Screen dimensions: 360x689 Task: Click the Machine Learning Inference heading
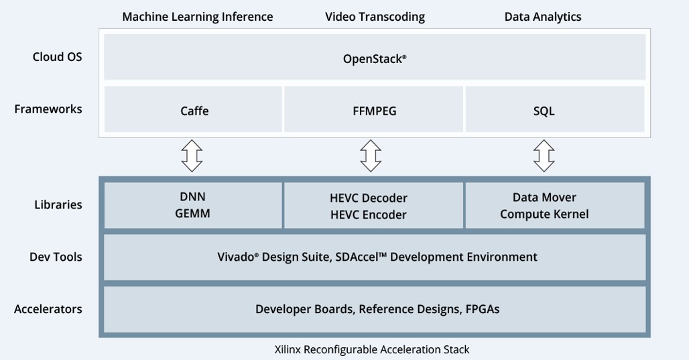pos(197,17)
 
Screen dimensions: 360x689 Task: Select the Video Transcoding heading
pos(375,17)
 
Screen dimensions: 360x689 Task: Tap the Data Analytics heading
pos(542,17)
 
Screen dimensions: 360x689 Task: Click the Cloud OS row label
pos(57,57)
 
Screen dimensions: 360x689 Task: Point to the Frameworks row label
pos(48,109)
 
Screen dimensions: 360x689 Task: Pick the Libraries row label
pos(58,205)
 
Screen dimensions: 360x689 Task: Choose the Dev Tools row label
pos(56,257)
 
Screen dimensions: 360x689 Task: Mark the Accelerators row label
pos(48,309)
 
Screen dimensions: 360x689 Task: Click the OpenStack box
pos(375,58)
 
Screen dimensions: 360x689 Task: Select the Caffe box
pos(194,111)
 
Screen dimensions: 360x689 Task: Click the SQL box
pos(544,111)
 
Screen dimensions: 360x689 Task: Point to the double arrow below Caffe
pos(192,156)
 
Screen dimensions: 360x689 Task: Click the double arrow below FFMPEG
pos(371,156)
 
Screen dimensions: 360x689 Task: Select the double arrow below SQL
pos(544,156)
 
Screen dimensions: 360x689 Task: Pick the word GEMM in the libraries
pos(192,214)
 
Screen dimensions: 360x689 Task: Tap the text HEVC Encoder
pos(368,215)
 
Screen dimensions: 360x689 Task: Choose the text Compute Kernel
pos(544,215)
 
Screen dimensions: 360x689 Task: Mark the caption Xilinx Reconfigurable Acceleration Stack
pos(372,349)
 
